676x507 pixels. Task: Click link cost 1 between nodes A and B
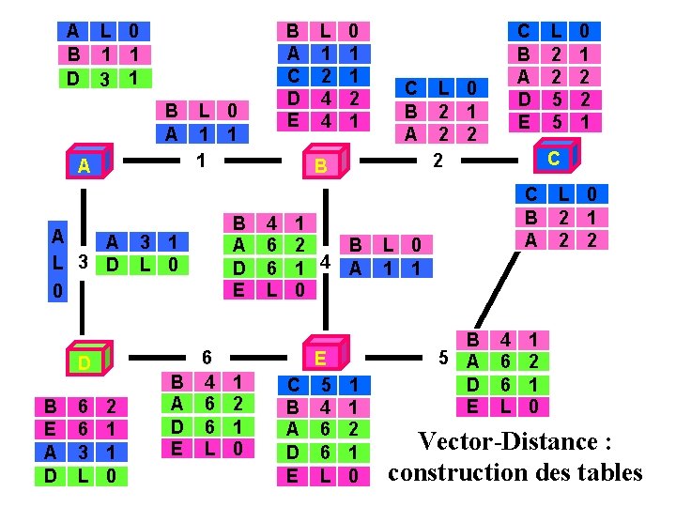(200, 161)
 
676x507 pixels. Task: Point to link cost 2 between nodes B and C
(437, 161)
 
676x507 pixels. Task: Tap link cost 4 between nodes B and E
(324, 261)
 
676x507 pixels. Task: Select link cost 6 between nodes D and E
(206, 357)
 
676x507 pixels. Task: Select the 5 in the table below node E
(325, 385)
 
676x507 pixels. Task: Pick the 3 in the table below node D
(84, 453)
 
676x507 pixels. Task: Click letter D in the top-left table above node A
(73, 78)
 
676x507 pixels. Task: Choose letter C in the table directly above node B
(293, 76)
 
